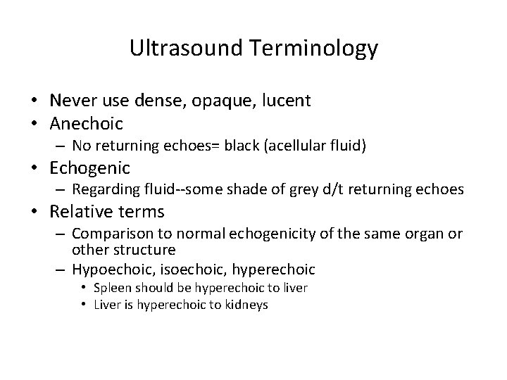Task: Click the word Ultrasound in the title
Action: point(180,49)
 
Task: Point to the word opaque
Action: point(230,101)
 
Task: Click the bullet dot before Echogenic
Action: point(39,168)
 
